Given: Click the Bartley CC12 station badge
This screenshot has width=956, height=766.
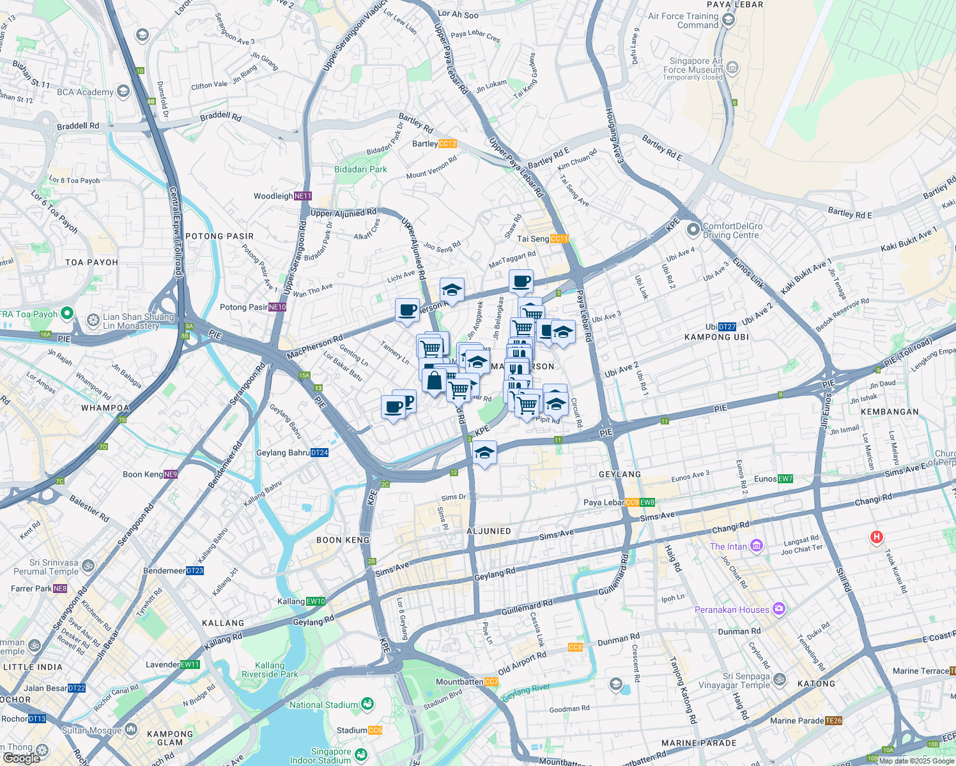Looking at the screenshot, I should pyautogui.click(x=447, y=144).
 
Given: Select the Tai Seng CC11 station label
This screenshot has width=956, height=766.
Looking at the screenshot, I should pyautogui.click(x=542, y=239).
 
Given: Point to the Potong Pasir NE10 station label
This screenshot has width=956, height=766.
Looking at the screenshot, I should pyautogui.click(x=253, y=307).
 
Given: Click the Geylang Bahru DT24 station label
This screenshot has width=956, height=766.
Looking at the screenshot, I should pyautogui.click(x=292, y=453).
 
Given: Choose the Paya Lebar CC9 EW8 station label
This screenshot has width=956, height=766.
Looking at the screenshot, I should pyautogui.click(x=619, y=502).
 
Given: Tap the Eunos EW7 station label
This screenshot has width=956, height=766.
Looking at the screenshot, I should pyautogui.click(x=773, y=479).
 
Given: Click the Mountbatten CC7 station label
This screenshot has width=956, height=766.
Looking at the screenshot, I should pyautogui.click(x=466, y=682).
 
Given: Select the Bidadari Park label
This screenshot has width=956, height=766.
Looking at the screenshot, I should pyautogui.click(x=360, y=169).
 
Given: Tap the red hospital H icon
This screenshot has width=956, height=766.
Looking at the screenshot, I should pyautogui.click(x=877, y=537).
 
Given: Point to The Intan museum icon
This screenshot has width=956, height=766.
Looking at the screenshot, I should pyautogui.click(x=757, y=546).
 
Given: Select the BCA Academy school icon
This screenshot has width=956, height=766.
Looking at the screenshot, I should pyautogui.click(x=123, y=91).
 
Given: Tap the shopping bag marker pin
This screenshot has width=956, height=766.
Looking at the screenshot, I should pyautogui.click(x=434, y=381).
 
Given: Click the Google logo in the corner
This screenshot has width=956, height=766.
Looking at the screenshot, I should pyautogui.click(x=21, y=758).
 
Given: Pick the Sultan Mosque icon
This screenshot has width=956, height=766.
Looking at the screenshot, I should pyautogui.click(x=131, y=729).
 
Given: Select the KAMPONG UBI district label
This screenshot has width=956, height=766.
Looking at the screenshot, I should pyautogui.click(x=716, y=337).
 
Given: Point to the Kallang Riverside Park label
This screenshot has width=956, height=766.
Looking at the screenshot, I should pyautogui.click(x=270, y=670).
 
